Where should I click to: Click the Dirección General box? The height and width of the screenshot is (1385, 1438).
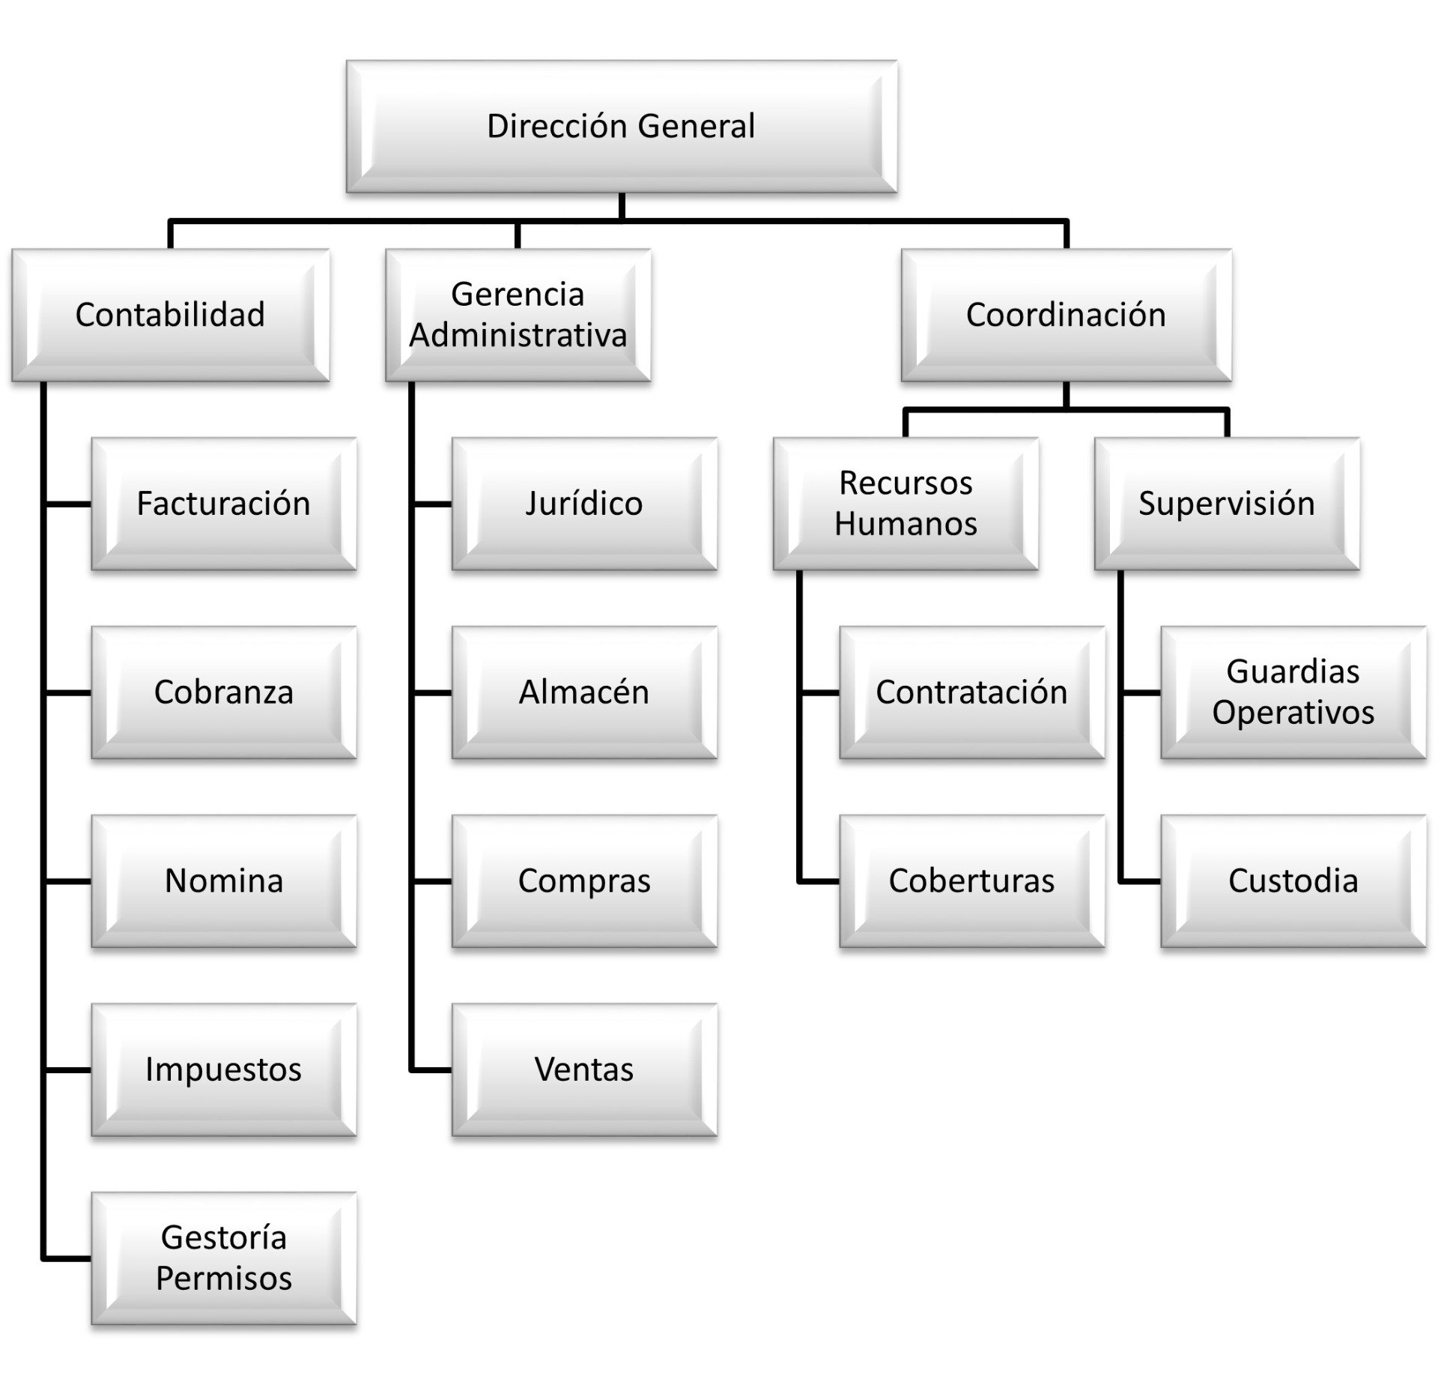point(621,126)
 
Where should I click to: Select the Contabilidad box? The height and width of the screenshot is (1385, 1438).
point(170,315)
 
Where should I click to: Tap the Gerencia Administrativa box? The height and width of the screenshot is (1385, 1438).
point(518,315)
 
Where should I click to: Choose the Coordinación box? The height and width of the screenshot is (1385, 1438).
point(1066,315)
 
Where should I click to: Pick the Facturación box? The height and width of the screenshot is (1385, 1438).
point(223,504)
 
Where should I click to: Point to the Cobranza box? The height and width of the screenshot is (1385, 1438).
point(223,692)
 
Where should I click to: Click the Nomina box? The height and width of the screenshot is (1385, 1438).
point(223,881)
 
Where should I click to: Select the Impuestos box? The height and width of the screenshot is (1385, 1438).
point(223,1070)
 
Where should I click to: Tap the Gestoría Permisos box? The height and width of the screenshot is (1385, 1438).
point(223,1259)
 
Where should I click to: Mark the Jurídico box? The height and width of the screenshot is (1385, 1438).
point(584,504)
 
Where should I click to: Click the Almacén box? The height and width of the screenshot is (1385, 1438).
point(584,692)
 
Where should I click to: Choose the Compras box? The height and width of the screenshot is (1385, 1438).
point(584,881)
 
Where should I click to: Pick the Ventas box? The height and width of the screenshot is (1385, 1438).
point(584,1070)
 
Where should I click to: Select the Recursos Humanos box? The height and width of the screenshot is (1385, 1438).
point(905,504)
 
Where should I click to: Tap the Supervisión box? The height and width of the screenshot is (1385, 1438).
point(1227,504)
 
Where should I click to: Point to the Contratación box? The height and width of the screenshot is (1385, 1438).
point(971,692)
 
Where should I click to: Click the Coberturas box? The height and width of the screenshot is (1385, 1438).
point(971,881)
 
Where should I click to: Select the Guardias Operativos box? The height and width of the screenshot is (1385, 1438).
point(1293,692)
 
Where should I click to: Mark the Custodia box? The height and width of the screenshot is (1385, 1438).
point(1293,881)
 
